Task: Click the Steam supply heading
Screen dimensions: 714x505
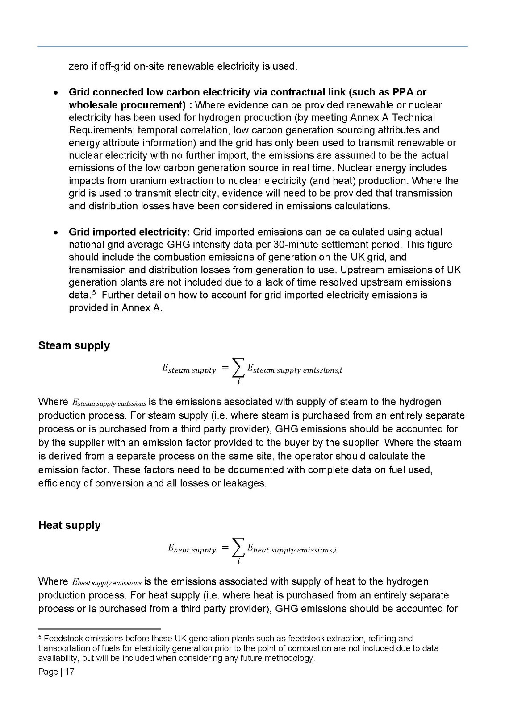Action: (74, 346)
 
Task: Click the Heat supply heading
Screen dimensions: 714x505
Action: (69, 525)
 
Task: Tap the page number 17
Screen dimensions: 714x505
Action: (70, 672)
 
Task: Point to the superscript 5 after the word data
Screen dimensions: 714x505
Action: (94, 293)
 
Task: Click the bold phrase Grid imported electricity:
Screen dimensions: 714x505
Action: (129, 232)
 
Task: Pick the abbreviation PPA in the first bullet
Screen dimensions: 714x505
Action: (403, 92)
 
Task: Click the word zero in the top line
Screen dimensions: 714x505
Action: (78, 66)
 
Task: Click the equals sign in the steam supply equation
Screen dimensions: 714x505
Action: (225, 368)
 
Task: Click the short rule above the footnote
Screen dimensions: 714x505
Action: (99, 628)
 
